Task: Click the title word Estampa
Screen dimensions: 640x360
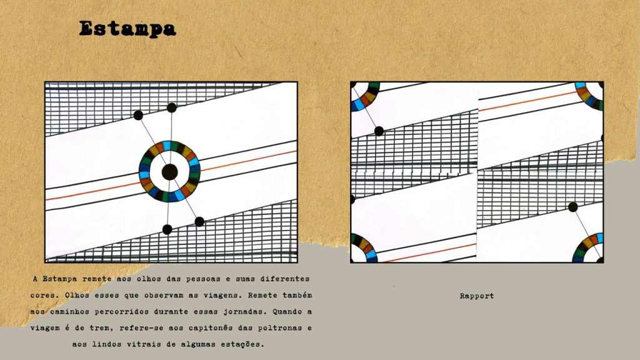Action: (127, 29)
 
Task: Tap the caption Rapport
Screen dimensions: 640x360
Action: (477, 296)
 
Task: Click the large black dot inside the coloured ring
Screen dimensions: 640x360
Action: (169, 172)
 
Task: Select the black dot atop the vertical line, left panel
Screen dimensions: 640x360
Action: (172, 107)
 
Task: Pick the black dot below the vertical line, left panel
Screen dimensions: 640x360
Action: (167, 229)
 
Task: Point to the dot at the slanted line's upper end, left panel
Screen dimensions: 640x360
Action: (138, 115)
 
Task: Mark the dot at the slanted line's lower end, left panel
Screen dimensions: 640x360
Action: (199, 222)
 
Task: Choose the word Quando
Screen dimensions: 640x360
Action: (287, 312)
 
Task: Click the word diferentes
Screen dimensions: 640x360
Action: (285, 279)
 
